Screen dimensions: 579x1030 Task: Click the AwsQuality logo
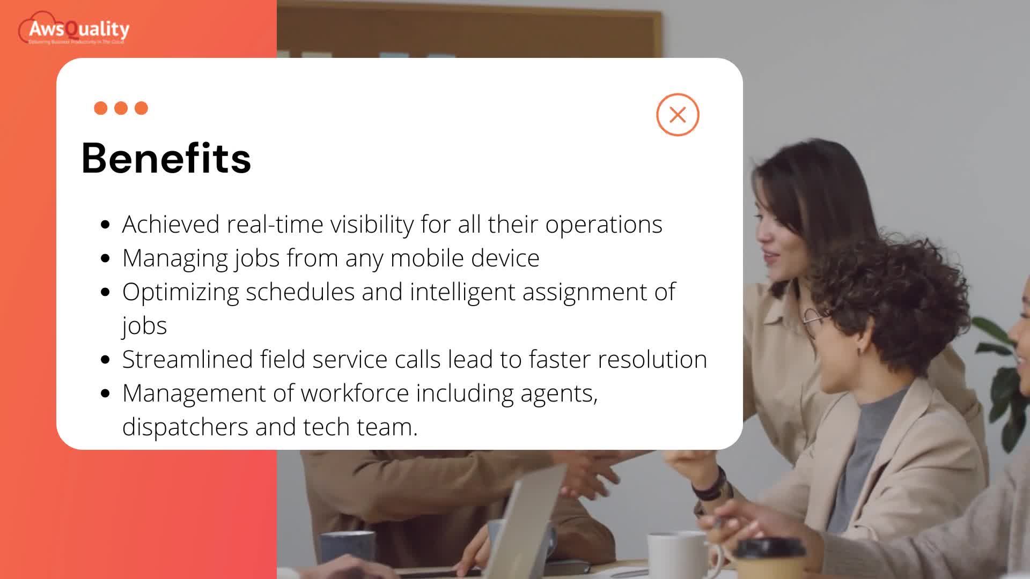coord(75,30)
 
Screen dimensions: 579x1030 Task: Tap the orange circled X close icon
coord(678,115)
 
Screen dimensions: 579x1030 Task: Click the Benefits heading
coord(166,158)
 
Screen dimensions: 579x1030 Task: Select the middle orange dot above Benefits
coord(121,108)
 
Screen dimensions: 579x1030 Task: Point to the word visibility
coord(372,224)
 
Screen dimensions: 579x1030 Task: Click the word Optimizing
coord(180,292)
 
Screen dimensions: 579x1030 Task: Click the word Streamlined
coord(187,359)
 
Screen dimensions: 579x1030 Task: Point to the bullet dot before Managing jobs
coord(105,258)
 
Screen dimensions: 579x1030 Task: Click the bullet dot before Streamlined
coord(105,360)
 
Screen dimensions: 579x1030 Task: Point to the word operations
coord(604,224)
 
